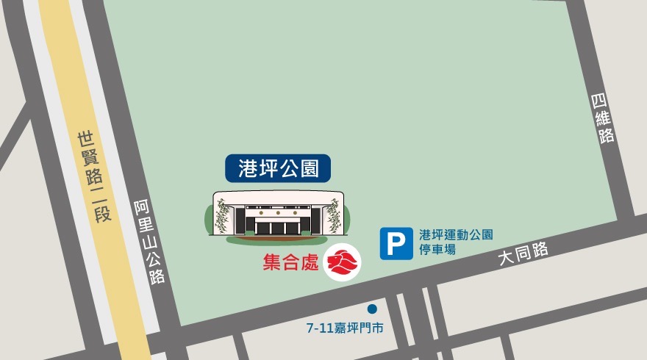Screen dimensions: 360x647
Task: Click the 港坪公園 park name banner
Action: pos(278,168)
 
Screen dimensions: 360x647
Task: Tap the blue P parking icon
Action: pos(396,243)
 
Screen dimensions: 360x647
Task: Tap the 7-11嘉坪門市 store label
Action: pos(345,328)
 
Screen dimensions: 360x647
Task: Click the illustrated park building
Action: pos(278,215)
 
